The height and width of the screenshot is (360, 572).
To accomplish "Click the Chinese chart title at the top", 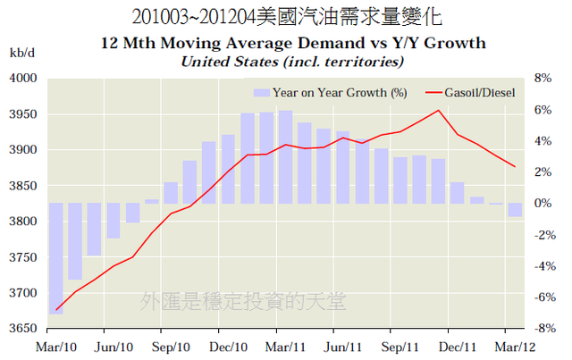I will [286, 16].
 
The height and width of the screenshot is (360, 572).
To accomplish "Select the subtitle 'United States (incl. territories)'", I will [293, 61].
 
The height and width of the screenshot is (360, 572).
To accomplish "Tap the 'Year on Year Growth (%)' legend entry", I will [331, 92].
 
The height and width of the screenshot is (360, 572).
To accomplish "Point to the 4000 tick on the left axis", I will [22, 79].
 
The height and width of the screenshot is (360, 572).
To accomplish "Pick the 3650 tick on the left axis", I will [22, 329].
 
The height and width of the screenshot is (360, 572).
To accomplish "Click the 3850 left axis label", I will [22, 186].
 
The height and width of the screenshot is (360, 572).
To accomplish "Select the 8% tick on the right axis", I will [544, 79].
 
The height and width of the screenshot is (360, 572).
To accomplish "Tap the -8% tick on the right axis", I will [543, 329].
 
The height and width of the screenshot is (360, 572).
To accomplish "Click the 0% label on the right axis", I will [544, 204].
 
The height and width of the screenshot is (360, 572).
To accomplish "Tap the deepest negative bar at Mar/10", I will [55, 258].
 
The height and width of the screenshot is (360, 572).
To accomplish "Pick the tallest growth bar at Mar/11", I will [285, 157].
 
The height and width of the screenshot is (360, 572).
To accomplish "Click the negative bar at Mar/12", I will [516, 210].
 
